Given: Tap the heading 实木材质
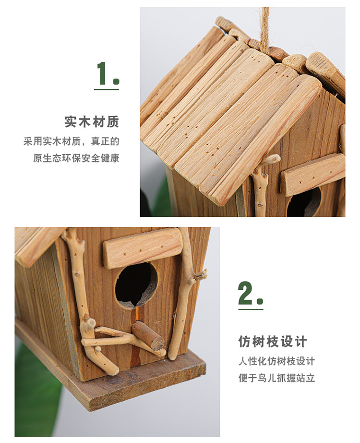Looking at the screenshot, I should point(91,122).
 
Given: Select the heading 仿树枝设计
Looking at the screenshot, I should point(272,342).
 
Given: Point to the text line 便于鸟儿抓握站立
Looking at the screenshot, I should point(276,378).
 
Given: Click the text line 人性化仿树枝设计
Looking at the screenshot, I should point(276,361).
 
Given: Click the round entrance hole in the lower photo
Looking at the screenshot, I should point(136,284).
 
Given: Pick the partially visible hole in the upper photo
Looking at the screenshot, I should point(303,202).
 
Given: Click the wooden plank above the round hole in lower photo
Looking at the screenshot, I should point(143,247).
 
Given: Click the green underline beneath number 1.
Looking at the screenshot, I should point(106,89).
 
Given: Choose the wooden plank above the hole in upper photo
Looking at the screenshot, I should point(312,174).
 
